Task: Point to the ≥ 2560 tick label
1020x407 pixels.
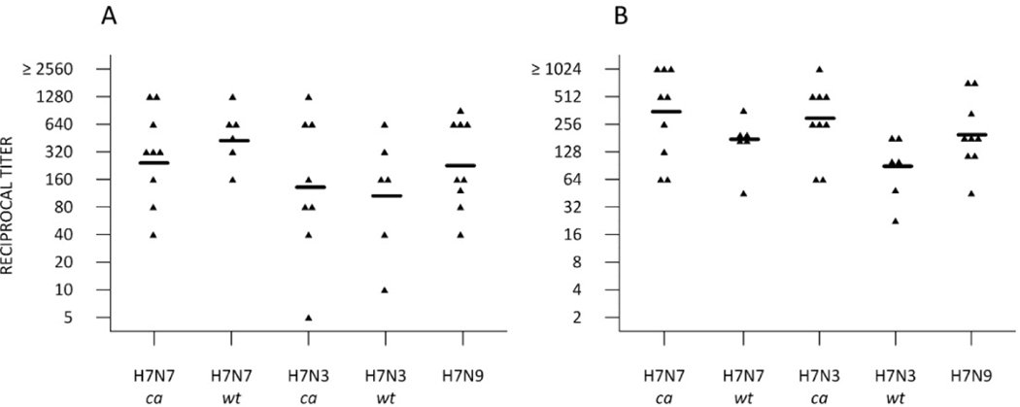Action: [57, 69]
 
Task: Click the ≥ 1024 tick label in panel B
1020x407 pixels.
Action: [569, 69]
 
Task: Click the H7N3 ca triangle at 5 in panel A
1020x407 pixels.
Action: [309, 318]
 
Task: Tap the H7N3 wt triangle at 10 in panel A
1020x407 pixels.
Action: [386, 290]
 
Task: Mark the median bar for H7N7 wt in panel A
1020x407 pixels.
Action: [233, 140]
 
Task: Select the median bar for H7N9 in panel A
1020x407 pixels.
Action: [461, 165]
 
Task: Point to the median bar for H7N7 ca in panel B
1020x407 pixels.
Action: [664, 112]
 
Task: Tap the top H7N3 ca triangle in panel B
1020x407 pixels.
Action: [819, 69]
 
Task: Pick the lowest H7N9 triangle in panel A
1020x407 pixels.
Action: [461, 235]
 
